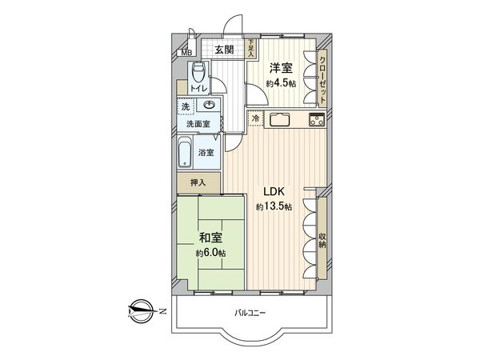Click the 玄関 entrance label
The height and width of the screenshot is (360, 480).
225,50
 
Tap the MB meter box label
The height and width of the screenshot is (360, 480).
186,54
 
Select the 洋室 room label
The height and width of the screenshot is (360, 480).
279,68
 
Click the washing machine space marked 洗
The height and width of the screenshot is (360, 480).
186,107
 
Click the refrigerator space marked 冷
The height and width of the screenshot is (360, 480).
255,120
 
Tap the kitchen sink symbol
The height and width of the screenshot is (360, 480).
282,121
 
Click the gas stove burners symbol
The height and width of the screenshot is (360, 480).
315,122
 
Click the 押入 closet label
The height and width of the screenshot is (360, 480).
198,183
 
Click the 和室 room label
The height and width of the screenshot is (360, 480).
211,238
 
